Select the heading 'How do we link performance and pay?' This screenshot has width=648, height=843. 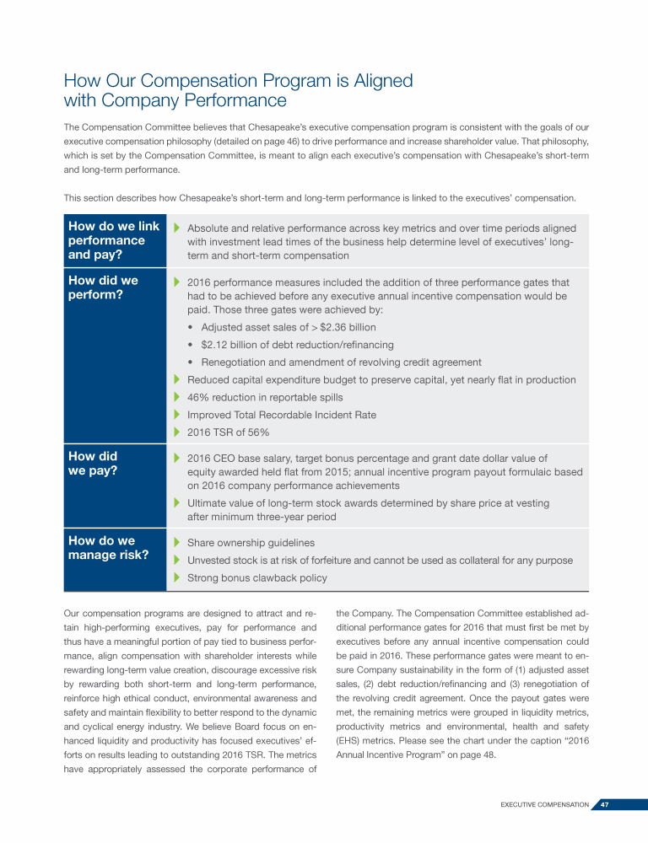[113, 240]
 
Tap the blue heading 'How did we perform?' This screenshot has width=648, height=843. [102, 288]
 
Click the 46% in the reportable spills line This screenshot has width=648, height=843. [198, 397]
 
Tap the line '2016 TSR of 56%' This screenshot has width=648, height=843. [228, 432]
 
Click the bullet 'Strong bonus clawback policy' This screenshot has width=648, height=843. [256, 577]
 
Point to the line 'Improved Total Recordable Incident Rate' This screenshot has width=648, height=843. [282, 415]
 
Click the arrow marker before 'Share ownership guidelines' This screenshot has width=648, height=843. [176, 542]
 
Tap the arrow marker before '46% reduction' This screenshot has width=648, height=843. [176, 397]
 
